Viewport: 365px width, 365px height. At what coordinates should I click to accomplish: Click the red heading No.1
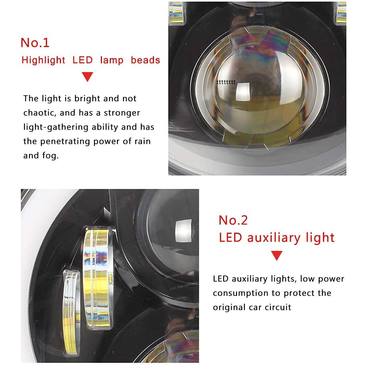(x=35, y=43)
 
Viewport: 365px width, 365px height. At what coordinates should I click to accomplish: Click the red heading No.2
(x=233, y=220)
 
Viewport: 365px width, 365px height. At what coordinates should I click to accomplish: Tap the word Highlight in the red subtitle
(x=43, y=60)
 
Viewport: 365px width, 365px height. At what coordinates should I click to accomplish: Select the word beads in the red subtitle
(x=145, y=60)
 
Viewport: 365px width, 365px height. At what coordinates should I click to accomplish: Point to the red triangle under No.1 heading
(x=88, y=76)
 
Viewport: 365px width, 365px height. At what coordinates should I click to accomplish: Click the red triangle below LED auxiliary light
(x=277, y=255)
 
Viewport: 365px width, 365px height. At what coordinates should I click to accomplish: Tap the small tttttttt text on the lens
(x=226, y=82)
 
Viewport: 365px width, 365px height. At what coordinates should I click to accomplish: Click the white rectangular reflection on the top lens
(x=242, y=92)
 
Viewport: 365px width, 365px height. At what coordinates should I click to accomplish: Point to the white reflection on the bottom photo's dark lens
(x=184, y=230)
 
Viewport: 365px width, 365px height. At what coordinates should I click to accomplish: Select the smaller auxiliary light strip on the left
(x=71, y=313)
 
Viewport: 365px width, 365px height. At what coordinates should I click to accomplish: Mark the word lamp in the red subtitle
(x=112, y=60)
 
